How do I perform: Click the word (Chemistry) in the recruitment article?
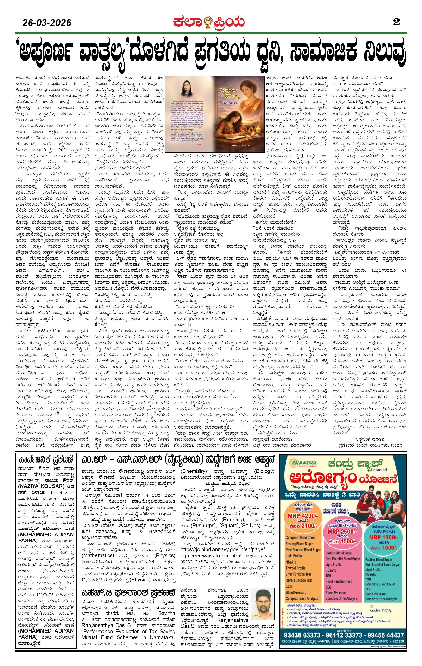coord(194,471)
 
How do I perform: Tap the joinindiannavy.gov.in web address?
coord(223,549)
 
